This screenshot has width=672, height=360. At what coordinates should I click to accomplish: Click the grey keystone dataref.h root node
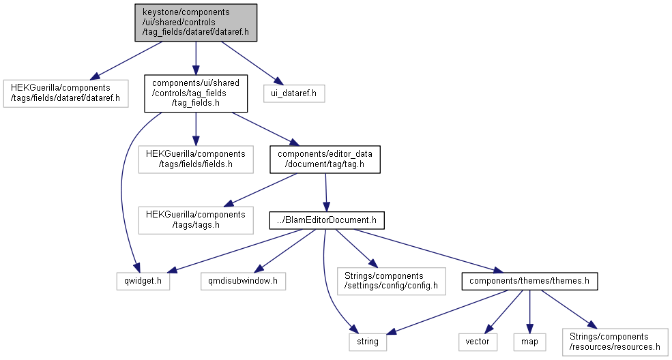tap(196, 22)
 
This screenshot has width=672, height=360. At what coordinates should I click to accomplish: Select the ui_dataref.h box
tap(294, 93)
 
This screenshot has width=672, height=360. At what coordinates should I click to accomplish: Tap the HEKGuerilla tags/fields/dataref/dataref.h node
tap(66, 93)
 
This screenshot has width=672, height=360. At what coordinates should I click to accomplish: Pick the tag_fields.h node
tap(196, 93)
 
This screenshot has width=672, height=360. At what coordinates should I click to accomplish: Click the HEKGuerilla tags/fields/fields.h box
tap(196, 160)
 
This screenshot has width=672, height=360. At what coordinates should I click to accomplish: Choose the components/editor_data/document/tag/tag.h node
tap(325, 160)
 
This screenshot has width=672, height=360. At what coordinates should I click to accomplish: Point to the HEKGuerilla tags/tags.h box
tap(196, 220)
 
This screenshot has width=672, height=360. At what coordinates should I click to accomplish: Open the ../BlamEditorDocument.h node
tap(327, 220)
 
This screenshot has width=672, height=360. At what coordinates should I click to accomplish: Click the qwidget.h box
tap(143, 281)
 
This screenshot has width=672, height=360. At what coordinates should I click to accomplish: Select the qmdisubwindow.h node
tap(244, 281)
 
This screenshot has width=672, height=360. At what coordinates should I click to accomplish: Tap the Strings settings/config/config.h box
tap(392, 281)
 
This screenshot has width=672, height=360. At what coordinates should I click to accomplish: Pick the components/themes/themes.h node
tap(529, 281)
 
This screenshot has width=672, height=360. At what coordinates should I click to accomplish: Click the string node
tap(368, 342)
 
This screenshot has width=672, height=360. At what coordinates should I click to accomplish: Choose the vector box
tap(478, 342)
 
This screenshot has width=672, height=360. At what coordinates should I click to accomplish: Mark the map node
tap(529, 342)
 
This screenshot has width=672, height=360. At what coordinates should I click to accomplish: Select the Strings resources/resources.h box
tap(615, 342)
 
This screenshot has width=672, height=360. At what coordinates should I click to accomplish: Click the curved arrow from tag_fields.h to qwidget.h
tap(121, 188)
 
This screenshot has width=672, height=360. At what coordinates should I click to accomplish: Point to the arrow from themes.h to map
tap(529, 312)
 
